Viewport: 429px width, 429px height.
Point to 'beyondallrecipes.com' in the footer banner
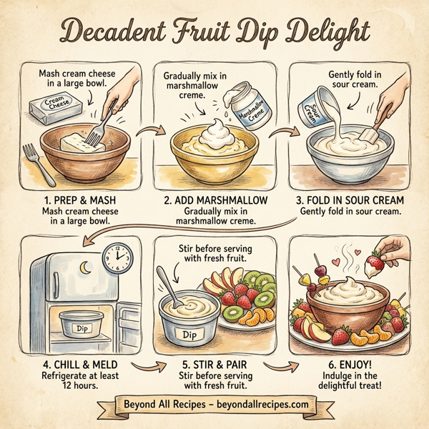tap(260, 404)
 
